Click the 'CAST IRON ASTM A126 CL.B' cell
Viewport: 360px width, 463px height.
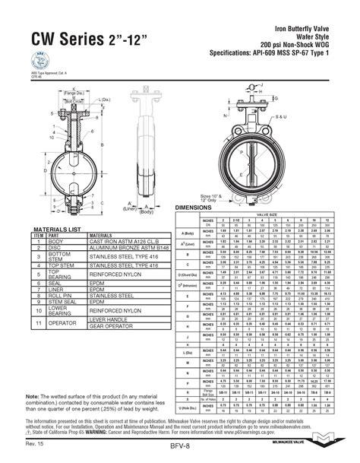pyautogui.click(x=125, y=240)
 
